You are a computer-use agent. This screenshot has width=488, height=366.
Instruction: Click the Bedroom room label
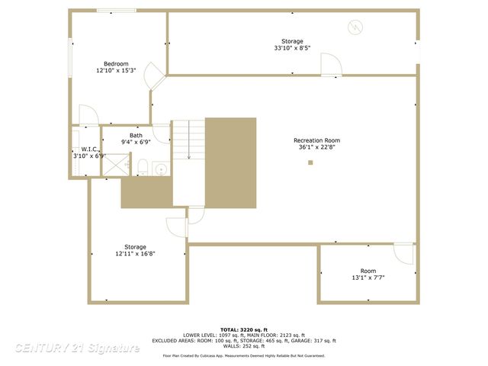pyautogui.click(x=116, y=63)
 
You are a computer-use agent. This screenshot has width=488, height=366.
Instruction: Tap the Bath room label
pyautogui.click(x=136, y=135)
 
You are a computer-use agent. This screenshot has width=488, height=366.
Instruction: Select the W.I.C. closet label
pyautogui.click(x=82, y=149)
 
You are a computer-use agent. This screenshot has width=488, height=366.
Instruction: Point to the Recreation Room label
pyautogui.click(x=316, y=140)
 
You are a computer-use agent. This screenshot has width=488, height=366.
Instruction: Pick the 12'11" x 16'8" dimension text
pyautogui.click(x=136, y=255)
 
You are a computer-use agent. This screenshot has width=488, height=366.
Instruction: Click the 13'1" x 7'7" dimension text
pyautogui.click(x=368, y=278)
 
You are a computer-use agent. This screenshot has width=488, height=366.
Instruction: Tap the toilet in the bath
pyautogui.click(x=142, y=166)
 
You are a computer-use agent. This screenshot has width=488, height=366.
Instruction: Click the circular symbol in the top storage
pyautogui.click(x=354, y=27)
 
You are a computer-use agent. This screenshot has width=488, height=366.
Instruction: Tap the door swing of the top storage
pyautogui.click(x=331, y=65)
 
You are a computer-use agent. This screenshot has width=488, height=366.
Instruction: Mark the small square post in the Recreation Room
pyautogui.click(x=310, y=162)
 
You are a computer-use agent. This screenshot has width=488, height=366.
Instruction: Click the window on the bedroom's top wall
pyautogui.click(x=117, y=10)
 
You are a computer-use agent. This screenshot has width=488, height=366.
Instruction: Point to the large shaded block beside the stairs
pyautogui.click(x=230, y=164)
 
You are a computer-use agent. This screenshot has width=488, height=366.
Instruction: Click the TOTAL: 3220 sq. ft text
pyautogui.click(x=244, y=329)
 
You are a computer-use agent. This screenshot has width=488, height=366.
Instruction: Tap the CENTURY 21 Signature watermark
pyautogui.click(x=77, y=348)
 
